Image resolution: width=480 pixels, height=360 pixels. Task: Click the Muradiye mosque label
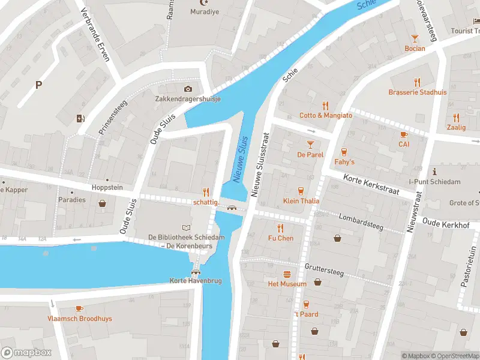(x=205, y=12)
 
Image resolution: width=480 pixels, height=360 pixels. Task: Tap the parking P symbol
(x=38, y=85)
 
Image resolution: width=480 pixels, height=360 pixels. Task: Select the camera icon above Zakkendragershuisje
(x=188, y=89)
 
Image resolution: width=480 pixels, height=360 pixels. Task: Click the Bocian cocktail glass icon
(x=415, y=38)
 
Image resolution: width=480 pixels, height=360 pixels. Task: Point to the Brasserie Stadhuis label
(x=417, y=92)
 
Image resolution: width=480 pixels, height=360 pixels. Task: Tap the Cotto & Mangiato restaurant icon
(x=326, y=105)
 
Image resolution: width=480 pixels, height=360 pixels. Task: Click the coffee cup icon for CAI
(x=404, y=134)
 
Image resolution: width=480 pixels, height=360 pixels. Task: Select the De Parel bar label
(x=310, y=155)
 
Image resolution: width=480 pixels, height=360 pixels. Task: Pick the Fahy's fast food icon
(x=344, y=152)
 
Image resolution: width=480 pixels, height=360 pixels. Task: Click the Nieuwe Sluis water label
(x=241, y=159)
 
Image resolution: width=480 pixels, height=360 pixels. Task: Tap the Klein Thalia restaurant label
(x=301, y=201)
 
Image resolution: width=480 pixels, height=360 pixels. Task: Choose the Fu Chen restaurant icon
(x=280, y=228)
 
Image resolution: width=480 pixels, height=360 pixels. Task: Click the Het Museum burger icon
(x=287, y=274)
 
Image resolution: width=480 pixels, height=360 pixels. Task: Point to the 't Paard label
(x=306, y=314)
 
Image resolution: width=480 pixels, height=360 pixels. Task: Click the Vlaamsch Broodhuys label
(x=80, y=319)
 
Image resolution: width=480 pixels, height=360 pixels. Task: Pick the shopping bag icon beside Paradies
(x=103, y=203)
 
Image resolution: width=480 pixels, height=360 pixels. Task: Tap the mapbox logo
(x=26, y=353)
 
